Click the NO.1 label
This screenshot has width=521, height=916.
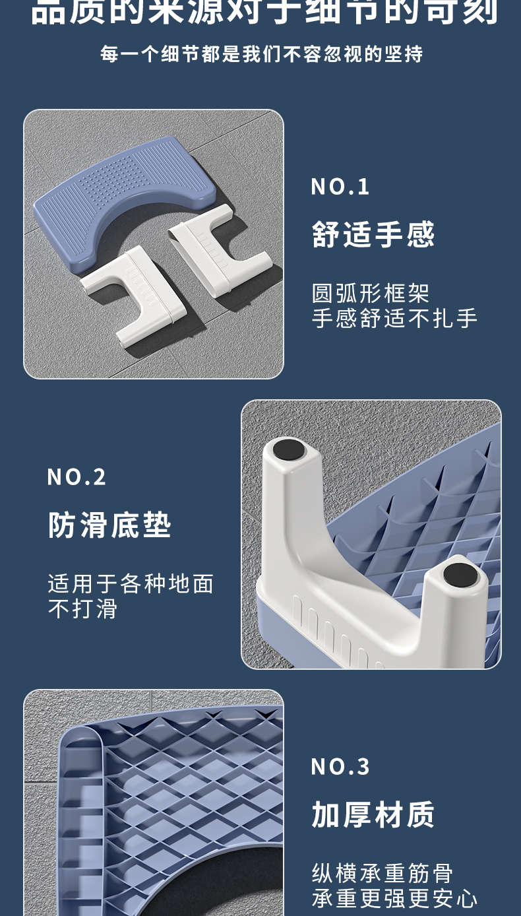point(340,187)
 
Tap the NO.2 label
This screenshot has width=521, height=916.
point(77,476)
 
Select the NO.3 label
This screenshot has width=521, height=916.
point(340,766)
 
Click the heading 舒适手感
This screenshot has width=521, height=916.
point(373,234)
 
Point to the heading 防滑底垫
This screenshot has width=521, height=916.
point(109,525)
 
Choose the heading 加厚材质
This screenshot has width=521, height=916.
point(373,815)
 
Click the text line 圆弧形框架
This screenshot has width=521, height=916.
point(371,293)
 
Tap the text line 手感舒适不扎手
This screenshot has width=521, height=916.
point(394,318)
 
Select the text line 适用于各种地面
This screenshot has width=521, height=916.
point(131,583)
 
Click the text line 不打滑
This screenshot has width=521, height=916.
point(82,608)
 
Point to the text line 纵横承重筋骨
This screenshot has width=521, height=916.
point(383,873)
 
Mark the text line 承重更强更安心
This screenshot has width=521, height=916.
point(394,898)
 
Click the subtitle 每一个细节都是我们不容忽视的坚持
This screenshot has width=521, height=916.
point(261,54)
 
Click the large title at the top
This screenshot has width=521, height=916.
point(264,12)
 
